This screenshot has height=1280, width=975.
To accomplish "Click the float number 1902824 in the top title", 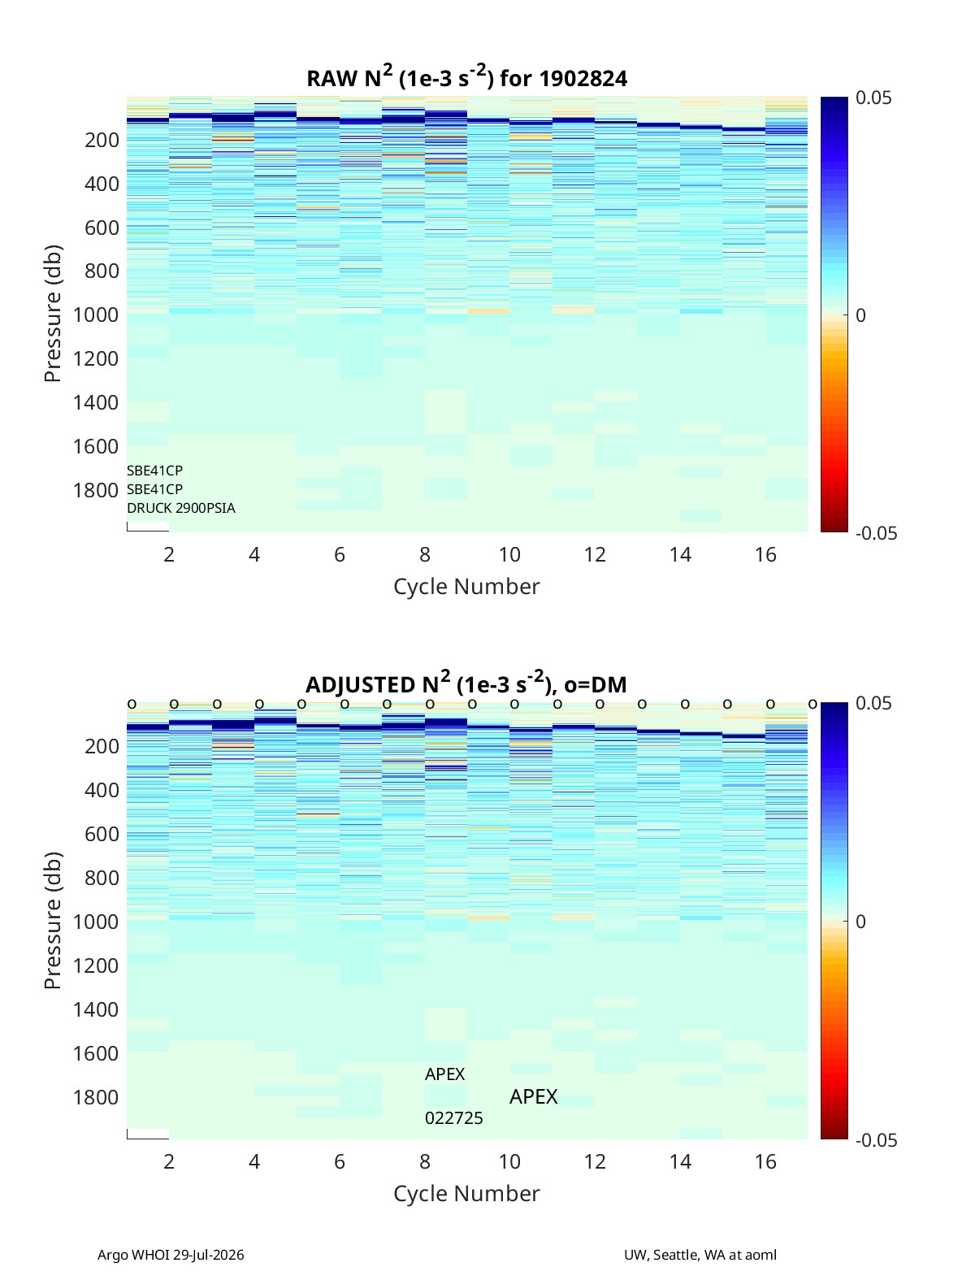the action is point(583,79).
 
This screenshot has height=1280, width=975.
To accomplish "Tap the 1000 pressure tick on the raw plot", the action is point(96,315).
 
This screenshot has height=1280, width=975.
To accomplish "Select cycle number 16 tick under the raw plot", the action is point(765,554).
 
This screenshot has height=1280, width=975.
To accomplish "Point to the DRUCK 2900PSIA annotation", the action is point(181,508).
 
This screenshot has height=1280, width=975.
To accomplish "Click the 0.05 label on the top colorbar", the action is point(873,98).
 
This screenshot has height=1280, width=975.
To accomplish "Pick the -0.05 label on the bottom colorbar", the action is point(877,1140).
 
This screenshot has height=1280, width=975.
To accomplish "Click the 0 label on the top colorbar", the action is point(860,315).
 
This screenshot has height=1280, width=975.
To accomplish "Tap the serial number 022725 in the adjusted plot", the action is point(454,1118).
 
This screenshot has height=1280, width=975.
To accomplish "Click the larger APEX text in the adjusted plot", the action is point(533,1096).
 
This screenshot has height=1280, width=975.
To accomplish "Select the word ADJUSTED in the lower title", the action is point(360,684).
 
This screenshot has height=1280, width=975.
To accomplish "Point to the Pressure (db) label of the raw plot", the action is point(53,314).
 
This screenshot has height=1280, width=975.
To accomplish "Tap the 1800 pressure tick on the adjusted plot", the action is point(96,1097).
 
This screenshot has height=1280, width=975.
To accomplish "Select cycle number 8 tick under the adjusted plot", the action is point(425,1161).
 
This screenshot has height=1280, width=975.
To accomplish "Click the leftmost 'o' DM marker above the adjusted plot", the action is point(132,705).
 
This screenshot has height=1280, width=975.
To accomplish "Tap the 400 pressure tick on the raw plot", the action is point(102,184).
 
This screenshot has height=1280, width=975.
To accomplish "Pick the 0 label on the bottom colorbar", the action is point(860,922).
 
